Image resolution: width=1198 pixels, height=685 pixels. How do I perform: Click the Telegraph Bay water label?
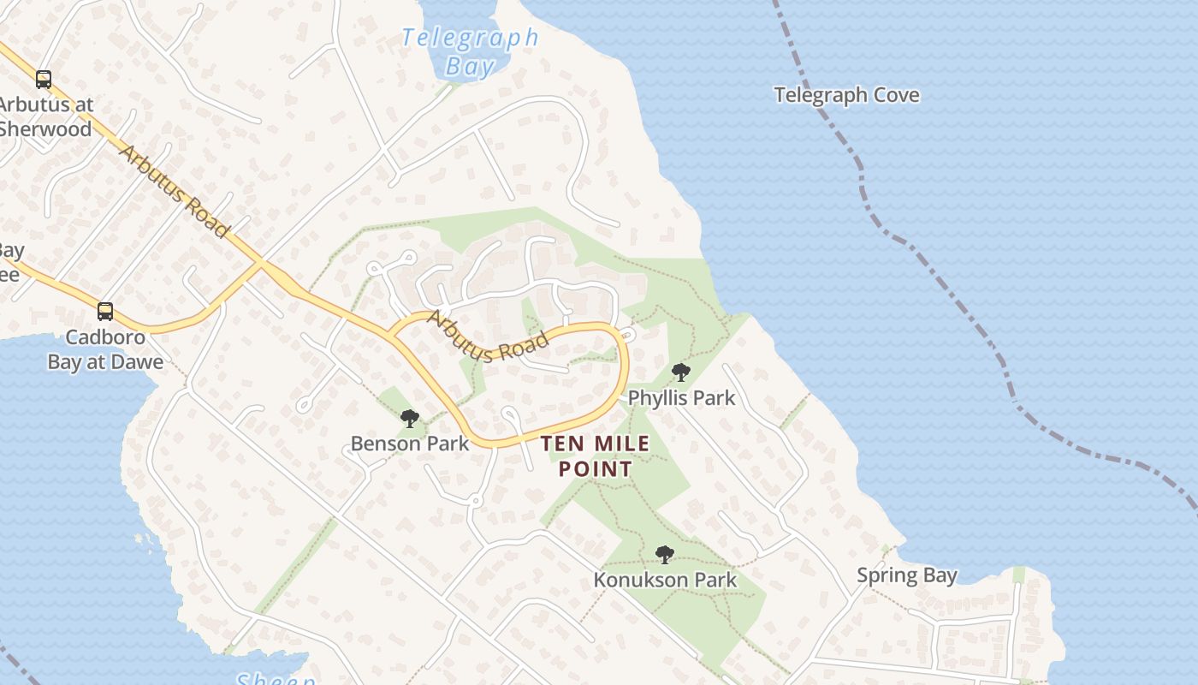tap(470, 51)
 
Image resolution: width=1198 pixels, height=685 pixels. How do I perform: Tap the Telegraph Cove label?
tap(846, 95)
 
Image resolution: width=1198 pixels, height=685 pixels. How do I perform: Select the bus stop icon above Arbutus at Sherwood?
tap(43, 80)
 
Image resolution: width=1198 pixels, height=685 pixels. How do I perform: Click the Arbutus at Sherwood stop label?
tap(45, 116)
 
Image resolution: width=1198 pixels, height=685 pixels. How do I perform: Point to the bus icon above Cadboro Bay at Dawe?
tap(104, 312)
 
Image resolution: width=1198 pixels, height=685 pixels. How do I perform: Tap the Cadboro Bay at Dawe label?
tap(105, 349)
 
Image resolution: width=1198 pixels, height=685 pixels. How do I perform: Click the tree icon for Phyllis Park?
tap(681, 372)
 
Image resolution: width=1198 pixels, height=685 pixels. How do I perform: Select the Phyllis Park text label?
tap(681, 398)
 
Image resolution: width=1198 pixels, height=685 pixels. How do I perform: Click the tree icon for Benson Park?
tap(410, 419)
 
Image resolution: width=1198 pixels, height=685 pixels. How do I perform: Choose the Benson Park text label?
tap(410, 444)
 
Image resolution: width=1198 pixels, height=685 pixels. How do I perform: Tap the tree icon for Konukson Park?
tap(664, 555)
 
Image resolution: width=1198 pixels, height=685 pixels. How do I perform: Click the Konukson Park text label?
tap(665, 580)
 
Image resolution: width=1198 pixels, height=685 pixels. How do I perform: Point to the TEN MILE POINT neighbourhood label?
tap(596, 456)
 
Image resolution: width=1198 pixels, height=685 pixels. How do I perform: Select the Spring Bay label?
tap(907, 575)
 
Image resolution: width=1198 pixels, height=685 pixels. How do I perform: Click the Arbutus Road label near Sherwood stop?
tap(175, 191)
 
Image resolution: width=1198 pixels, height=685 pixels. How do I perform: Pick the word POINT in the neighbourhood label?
tap(596, 469)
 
